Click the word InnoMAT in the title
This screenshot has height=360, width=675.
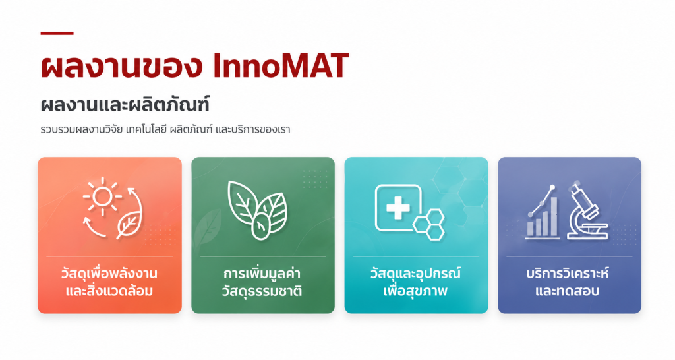[281, 66]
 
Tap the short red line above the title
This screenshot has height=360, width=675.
[57, 33]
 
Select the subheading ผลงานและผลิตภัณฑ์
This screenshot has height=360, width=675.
[125, 105]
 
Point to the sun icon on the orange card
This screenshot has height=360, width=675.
[102, 196]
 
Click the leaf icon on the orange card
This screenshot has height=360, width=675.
[129, 225]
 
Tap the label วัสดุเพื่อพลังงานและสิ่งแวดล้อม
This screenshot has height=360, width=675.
[109, 282]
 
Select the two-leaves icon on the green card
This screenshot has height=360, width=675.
[258, 210]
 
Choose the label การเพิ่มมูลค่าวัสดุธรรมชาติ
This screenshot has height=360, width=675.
[262, 282]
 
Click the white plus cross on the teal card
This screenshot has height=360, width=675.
[398, 208]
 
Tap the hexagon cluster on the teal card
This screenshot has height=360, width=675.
[429, 224]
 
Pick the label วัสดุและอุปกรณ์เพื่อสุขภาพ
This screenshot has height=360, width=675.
[415, 282]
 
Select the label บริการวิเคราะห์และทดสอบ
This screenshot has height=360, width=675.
[568, 282]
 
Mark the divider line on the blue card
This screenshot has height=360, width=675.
[569, 256]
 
